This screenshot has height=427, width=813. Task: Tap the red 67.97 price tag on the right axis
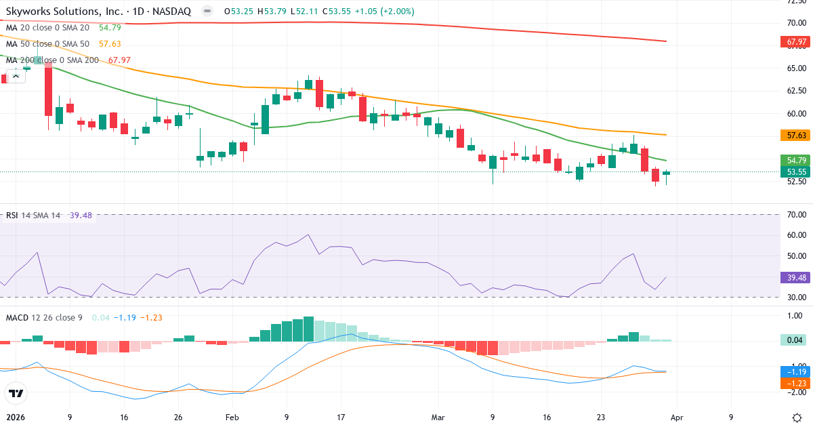pos(796,42)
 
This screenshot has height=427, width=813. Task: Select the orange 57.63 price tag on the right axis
pos(796,136)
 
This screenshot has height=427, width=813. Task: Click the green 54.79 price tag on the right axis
pos(796,161)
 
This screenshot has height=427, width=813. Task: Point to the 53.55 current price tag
pos(796,172)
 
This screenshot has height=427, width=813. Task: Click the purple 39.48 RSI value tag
pos(796,278)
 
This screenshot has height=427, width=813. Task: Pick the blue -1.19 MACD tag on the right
pos(796,372)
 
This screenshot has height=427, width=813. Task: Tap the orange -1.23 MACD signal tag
pos(796,384)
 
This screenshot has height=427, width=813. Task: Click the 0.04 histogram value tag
pos(796,340)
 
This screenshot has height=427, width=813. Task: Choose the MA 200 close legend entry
pos(51,60)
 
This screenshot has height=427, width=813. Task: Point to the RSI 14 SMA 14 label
pos(33,216)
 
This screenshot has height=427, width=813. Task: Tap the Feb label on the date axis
pos(232,418)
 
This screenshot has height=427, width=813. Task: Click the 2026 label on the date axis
pos(15,418)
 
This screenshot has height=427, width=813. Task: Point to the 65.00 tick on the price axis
pos(796,68)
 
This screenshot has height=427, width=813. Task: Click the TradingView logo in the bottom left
pos(16,393)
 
